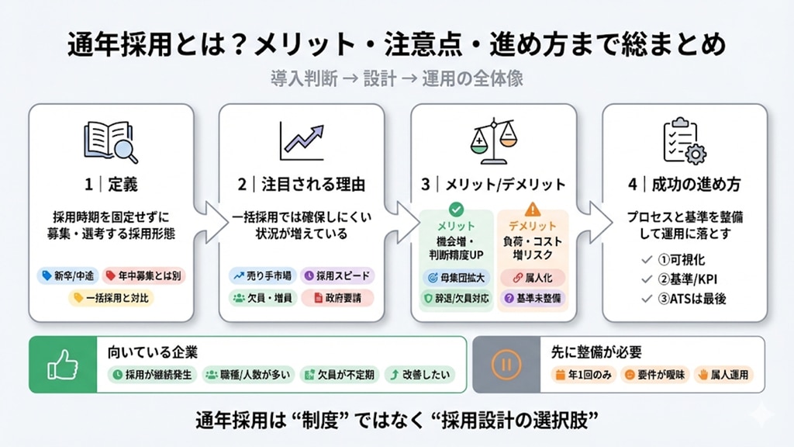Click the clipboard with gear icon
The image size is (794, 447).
pos(683,141)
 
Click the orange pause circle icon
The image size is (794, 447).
pos(505,364)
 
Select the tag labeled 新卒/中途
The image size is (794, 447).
pos(64,275)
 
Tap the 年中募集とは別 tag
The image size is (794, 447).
pos(143,275)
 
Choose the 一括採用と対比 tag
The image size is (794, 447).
pos(110,297)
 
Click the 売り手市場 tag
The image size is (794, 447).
pos(261,275)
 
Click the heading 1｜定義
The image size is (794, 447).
pos(111,185)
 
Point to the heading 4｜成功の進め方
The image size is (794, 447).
pos(685,185)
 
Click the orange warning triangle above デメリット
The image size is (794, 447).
pos(532,209)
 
